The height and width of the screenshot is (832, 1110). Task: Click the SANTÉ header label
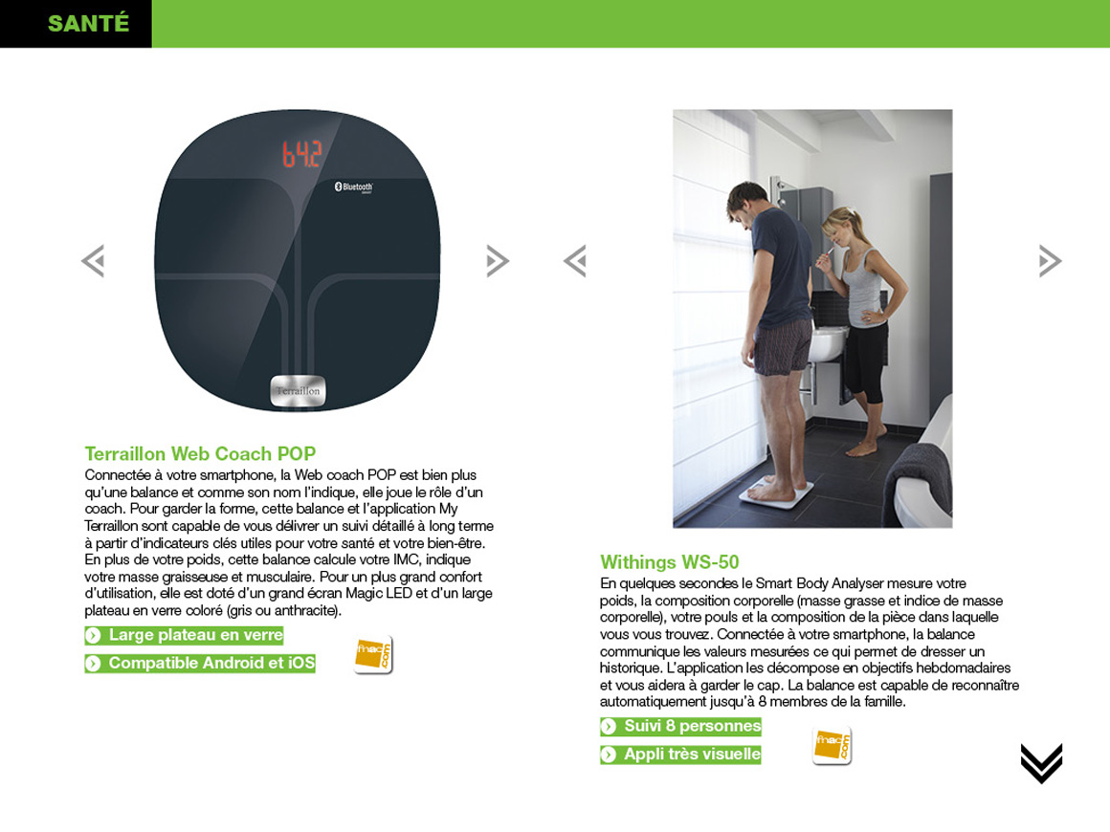click(x=88, y=23)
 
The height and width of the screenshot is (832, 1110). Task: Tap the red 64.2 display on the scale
click(x=302, y=154)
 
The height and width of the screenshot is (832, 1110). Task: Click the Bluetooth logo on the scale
click(x=353, y=187)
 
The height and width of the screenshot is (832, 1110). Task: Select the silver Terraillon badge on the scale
click(x=298, y=390)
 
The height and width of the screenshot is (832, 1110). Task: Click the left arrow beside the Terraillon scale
click(x=94, y=260)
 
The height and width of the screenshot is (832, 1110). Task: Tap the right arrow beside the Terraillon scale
click(x=498, y=260)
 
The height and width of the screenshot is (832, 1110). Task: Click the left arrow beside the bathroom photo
click(x=575, y=260)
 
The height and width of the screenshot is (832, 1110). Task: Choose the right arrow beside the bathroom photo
click(x=1050, y=260)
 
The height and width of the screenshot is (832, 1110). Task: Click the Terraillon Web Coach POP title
click(x=200, y=453)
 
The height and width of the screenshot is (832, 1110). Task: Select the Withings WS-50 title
click(x=670, y=561)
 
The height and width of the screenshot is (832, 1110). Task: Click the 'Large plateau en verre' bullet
click(x=184, y=635)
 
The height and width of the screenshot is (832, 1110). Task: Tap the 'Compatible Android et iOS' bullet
click(x=200, y=663)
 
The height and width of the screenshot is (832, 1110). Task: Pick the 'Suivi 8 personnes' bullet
click(x=681, y=726)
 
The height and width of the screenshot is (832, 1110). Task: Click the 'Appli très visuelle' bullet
click(x=681, y=755)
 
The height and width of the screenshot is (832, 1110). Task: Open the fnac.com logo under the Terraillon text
click(x=373, y=655)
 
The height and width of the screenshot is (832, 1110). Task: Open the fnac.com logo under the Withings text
click(x=832, y=746)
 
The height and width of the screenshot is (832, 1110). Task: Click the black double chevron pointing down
click(x=1041, y=763)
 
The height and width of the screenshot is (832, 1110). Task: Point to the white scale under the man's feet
click(x=777, y=492)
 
